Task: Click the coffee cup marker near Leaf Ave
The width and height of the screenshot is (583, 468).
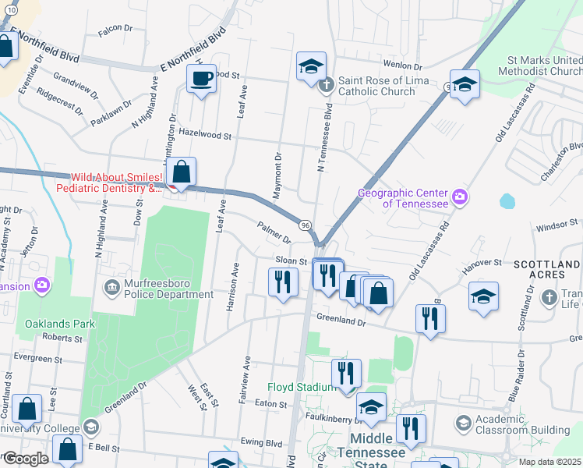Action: tap(201, 79)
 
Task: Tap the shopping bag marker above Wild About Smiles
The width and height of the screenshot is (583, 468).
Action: tap(181, 172)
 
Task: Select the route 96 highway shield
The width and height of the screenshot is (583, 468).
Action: tap(306, 224)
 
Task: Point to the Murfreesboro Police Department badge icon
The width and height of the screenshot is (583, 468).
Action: tap(111, 289)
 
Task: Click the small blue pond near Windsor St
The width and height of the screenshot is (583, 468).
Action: tap(507, 201)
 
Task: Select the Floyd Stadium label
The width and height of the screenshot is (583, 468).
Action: tap(301, 387)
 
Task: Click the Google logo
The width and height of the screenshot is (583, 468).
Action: tap(26, 459)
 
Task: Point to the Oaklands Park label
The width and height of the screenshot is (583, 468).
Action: tap(59, 323)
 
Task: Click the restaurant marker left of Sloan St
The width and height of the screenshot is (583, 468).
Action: tap(283, 282)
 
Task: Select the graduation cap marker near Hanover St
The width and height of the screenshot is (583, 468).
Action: tap(483, 296)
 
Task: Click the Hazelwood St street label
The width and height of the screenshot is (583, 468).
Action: tap(206, 136)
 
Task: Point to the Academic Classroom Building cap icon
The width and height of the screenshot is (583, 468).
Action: tap(463, 423)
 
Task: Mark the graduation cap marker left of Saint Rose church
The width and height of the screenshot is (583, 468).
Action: tap(310, 66)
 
